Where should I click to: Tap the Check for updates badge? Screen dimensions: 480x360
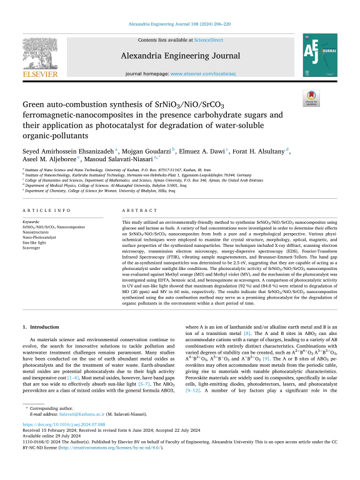[x=327, y=98]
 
